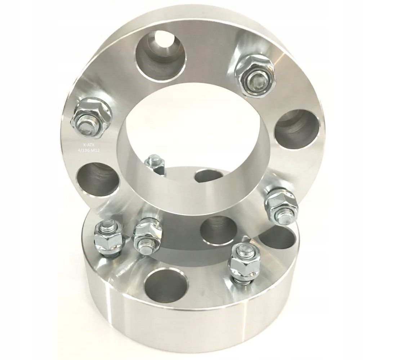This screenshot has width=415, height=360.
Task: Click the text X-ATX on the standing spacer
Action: (88, 145)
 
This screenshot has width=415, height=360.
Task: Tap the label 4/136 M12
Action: (89, 150)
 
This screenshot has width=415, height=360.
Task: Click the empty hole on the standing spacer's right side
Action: (296, 129)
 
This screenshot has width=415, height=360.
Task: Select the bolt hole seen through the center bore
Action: (208, 176)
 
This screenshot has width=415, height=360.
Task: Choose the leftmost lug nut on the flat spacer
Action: (108, 238)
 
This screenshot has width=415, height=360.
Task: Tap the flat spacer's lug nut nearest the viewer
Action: (245, 263)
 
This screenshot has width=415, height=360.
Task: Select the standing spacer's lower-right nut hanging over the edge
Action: (282, 206)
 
